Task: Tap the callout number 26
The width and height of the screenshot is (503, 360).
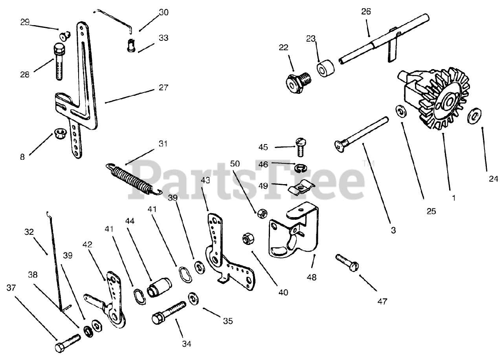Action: coord(366,11)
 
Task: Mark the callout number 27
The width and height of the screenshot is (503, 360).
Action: coord(163,88)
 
